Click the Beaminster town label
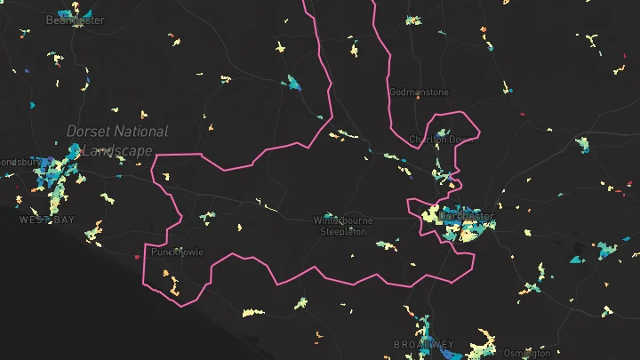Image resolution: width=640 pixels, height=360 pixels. click(75, 20)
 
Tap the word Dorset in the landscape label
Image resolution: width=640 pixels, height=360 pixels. click(87, 132)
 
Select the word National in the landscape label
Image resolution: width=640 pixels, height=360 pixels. click(140, 132)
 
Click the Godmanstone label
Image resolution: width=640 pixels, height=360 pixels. click(420, 92)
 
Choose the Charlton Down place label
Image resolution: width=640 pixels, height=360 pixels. click(442, 140)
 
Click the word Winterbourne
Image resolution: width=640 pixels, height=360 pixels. click(343, 220)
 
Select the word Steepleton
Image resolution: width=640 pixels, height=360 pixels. click(343, 231)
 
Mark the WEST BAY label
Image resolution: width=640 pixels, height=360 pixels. click(46, 220)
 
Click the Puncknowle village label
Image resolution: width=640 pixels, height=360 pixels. click(178, 252)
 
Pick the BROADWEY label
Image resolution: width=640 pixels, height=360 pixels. click(424, 344)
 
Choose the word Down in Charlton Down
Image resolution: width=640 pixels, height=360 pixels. click(461, 140)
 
